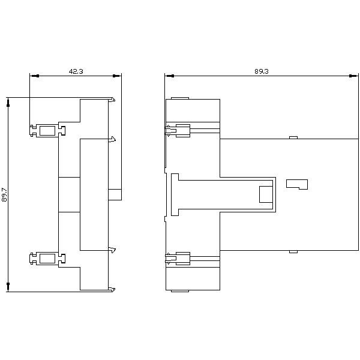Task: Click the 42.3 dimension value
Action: (x=76, y=71)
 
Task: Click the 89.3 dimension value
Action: (x=262, y=71)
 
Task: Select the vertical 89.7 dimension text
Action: (x=4, y=194)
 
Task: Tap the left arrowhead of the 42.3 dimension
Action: (x=34, y=76)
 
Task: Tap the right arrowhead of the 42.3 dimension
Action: (x=117, y=76)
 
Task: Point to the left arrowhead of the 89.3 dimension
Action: (x=169, y=76)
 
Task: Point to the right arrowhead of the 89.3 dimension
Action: (x=353, y=76)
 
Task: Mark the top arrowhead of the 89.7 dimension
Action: (x=8, y=102)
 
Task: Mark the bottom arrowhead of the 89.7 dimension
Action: (x=8, y=287)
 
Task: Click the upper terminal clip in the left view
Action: (x=47, y=131)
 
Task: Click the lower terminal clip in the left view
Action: (x=47, y=259)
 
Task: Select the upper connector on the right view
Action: (x=178, y=131)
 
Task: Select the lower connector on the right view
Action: (x=178, y=259)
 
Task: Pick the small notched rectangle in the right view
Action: (x=297, y=184)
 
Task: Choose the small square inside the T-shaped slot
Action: (x=266, y=194)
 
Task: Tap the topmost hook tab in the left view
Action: (x=112, y=100)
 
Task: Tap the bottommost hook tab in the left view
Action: (x=112, y=290)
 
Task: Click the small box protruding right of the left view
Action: (x=115, y=194)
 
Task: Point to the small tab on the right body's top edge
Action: (x=293, y=137)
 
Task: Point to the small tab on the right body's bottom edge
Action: (x=293, y=251)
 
